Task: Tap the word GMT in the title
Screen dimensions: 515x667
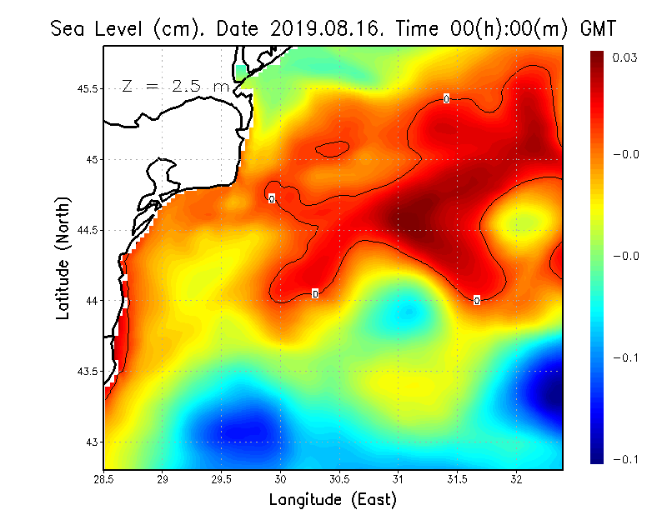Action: [x=597, y=29]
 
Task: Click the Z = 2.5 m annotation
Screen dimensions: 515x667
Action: [x=174, y=86]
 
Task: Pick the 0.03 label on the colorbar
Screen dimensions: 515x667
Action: [x=625, y=57]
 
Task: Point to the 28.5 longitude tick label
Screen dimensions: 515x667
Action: [x=103, y=479]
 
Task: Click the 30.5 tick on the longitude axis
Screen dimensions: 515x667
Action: [x=339, y=479]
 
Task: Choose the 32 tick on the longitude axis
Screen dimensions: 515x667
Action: [x=516, y=479]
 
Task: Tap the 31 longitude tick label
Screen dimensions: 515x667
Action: [x=399, y=479]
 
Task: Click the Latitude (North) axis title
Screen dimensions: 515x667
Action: [x=63, y=257]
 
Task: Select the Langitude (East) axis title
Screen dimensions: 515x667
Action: [x=333, y=500]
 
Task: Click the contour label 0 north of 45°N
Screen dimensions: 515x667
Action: [x=446, y=99]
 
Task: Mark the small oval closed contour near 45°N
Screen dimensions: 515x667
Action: [x=332, y=149]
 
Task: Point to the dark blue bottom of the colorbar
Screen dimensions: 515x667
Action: [x=597, y=457]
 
